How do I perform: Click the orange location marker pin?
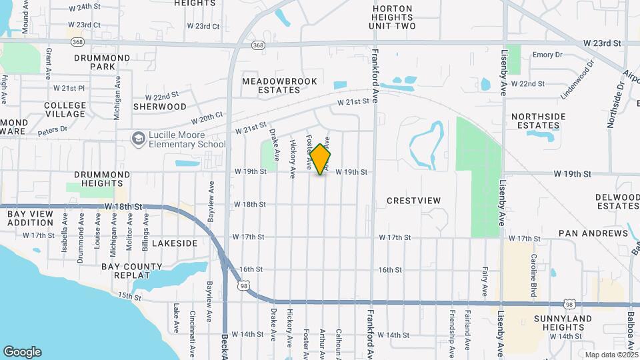point(320,159)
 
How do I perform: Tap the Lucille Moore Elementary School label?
point(187,139)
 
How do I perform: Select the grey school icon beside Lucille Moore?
point(139,139)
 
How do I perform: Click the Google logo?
point(23,351)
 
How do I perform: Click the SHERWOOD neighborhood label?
point(160,106)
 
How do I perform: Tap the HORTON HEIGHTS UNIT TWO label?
point(392,17)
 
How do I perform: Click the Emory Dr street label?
point(548,55)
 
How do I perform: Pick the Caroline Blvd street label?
point(534,270)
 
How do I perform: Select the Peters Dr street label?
point(53,129)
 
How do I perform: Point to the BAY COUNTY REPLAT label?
point(132,271)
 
